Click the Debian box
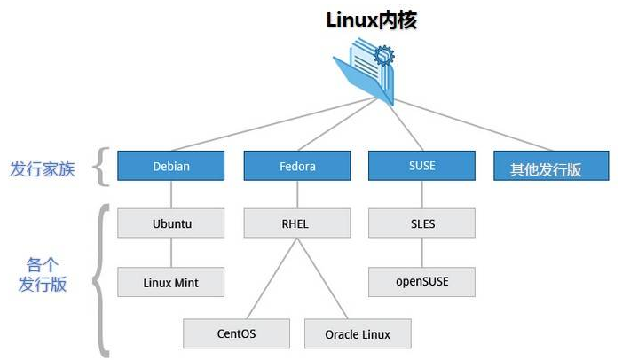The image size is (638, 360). click(x=171, y=166)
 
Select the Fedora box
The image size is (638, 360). click(x=297, y=166)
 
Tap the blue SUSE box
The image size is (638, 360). click(x=422, y=165)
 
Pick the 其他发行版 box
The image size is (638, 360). click(x=551, y=167)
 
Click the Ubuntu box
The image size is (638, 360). click(x=171, y=223)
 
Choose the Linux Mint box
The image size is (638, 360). click(x=171, y=283)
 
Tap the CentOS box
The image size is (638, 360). click(x=237, y=334)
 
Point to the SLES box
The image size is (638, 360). click(x=422, y=223)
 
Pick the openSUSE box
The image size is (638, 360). click(x=422, y=282)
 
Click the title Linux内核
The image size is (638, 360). click(x=371, y=20)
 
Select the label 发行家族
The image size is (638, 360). click(x=43, y=168)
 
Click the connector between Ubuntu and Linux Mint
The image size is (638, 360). click(x=171, y=253)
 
